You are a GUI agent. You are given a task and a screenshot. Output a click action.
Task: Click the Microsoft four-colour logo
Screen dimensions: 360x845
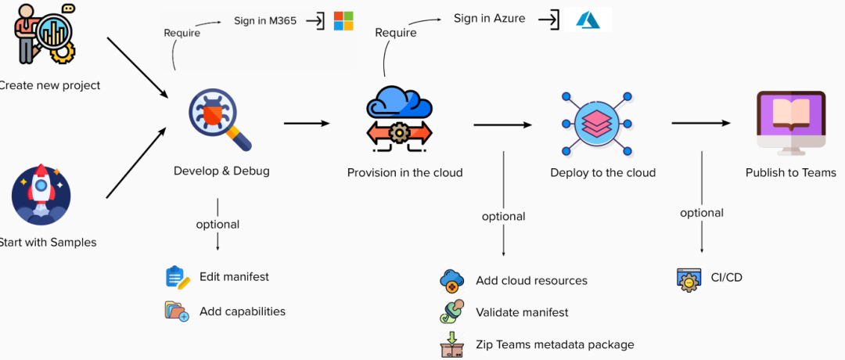pos(343,20)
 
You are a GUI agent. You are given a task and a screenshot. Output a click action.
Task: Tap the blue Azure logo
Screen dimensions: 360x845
pos(588,20)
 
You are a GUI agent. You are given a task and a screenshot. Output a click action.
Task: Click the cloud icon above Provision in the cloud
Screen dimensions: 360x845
pos(399,117)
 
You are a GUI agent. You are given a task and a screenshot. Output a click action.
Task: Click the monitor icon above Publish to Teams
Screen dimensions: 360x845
pos(790,121)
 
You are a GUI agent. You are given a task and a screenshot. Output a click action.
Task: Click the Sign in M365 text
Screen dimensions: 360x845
pos(265,20)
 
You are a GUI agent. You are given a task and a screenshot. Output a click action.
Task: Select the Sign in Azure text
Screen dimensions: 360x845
pos(490,18)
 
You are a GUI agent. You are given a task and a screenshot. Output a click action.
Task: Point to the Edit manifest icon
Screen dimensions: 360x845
pos(178,278)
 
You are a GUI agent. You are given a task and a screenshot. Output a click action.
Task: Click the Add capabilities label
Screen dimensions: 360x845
pos(243,311)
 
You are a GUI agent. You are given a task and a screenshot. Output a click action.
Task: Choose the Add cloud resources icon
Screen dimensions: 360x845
pos(452,280)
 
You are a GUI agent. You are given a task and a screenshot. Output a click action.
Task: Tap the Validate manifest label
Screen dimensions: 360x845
pos(522,312)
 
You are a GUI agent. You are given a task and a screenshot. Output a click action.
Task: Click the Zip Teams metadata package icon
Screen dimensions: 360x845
pos(452,345)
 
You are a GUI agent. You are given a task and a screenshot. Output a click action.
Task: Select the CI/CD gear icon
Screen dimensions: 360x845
pos(689,279)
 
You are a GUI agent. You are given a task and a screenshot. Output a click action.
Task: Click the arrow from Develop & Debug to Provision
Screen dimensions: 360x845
pos(307,123)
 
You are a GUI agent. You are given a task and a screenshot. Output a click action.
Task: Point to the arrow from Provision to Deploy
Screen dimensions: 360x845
pos(503,124)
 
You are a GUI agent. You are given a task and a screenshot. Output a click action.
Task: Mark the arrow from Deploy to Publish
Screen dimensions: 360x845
pos(701,122)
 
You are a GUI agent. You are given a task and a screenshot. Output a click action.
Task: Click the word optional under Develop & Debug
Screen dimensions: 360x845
pos(218,224)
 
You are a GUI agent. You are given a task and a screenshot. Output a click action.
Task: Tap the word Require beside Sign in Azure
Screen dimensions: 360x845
pos(395,33)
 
